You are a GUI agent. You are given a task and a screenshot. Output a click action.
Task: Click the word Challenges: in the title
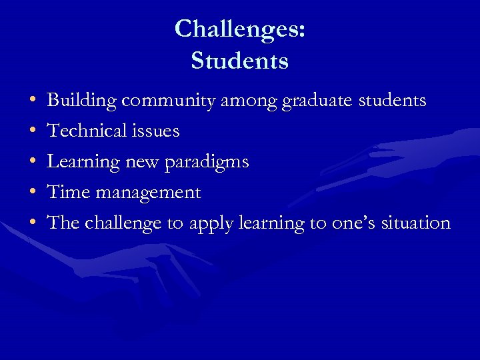(240, 29)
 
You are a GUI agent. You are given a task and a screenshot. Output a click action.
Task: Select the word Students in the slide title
(239, 61)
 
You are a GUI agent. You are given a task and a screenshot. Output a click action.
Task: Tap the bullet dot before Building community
(33, 101)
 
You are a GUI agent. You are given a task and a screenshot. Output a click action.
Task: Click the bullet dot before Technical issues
(33, 132)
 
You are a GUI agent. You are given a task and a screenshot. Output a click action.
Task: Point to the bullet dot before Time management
(33, 193)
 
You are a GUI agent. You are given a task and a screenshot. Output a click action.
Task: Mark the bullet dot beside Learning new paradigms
(33, 163)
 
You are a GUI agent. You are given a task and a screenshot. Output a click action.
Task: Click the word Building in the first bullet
(83, 101)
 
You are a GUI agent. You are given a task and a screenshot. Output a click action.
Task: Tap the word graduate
(319, 101)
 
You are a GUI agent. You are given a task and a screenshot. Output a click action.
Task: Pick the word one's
(353, 223)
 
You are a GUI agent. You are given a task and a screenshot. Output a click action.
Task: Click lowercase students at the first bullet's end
(393, 101)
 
